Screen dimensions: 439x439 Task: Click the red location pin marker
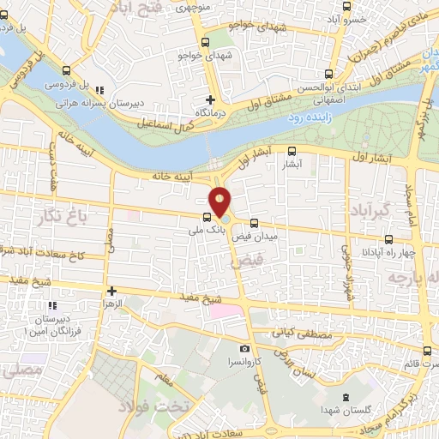click(220, 201)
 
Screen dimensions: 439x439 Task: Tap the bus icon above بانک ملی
click(207, 217)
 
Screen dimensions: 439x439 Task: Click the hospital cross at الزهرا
click(111, 292)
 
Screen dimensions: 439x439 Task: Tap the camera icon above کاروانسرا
click(245, 349)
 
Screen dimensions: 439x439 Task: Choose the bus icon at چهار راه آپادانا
click(388, 239)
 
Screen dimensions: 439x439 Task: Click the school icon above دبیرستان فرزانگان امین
click(53, 305)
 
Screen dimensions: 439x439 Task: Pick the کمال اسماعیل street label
click(165, 122)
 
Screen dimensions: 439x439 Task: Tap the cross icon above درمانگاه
click(211, 99)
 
